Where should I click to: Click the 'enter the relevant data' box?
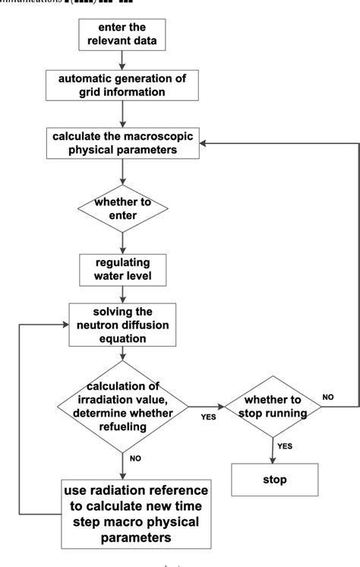122,33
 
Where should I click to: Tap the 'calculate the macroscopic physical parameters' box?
122,142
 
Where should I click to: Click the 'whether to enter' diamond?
122,208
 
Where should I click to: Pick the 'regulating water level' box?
122,268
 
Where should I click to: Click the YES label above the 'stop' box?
286,446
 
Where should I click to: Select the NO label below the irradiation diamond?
134,459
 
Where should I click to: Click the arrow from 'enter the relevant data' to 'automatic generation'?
122,59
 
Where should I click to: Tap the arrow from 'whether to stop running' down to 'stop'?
271,448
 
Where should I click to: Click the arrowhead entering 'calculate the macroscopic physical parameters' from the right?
204,142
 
